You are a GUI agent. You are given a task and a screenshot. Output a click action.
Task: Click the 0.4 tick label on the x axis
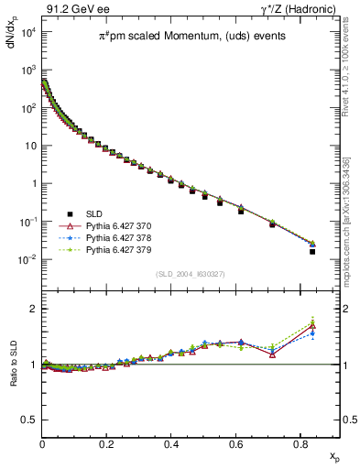[171, 443]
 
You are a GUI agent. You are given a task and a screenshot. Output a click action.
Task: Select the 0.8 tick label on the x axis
[300, 443]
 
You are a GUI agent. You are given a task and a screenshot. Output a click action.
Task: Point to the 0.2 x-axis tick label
[107, 443]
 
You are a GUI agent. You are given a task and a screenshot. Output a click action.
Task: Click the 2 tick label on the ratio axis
[34, 309]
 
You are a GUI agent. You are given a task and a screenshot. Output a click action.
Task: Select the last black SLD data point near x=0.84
[312, 251]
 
